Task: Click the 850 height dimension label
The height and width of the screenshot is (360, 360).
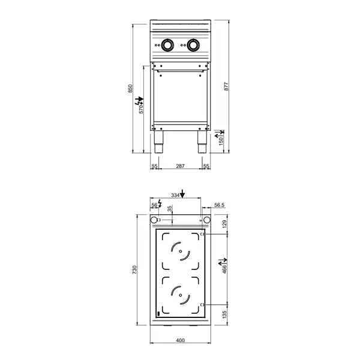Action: tap(130, 88)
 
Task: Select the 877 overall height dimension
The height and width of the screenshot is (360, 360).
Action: tap(226, 86)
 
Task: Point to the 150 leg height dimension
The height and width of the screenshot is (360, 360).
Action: tap(221, 140)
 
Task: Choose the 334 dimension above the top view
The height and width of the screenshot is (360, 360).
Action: tap(175, 195)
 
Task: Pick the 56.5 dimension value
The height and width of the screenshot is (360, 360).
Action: tap(219, 205)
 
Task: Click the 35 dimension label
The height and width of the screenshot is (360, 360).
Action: tap(169, 209)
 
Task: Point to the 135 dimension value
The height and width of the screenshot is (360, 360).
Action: tap(226, 314)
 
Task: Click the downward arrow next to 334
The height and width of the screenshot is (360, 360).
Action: tap(183, 193)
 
